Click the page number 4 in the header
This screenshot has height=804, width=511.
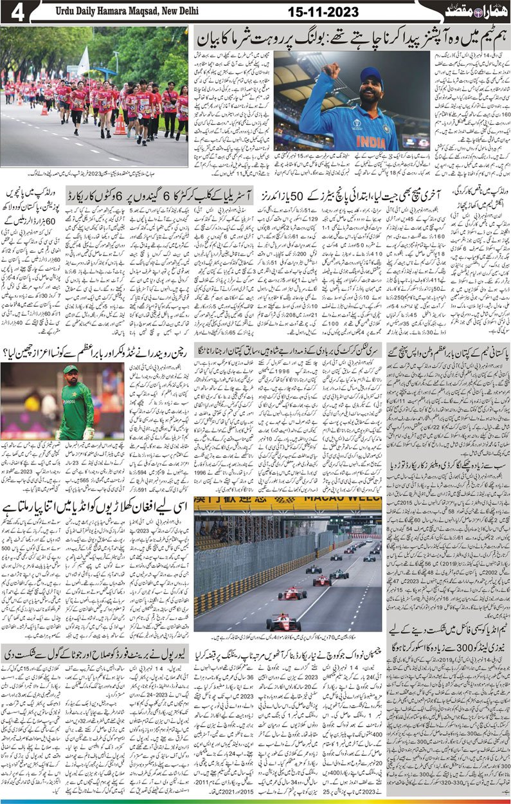17,12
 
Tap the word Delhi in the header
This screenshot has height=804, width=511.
186,12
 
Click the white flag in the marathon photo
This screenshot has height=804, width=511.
84,60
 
